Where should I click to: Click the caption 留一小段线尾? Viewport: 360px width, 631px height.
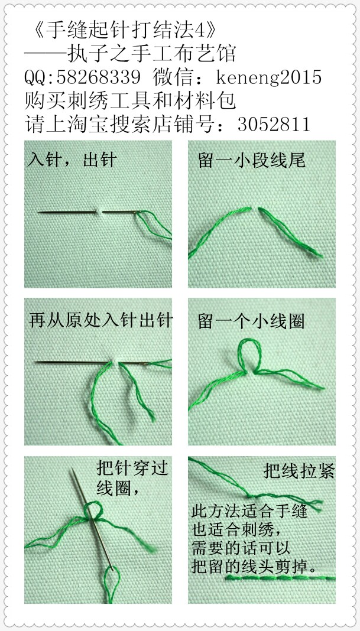252,160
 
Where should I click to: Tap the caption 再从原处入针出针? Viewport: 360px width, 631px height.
100,321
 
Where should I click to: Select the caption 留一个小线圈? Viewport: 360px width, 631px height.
252,321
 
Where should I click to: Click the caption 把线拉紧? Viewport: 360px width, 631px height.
299,471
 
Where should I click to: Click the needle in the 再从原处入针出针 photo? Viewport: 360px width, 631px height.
71,361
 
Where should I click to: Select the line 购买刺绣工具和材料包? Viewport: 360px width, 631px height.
130,101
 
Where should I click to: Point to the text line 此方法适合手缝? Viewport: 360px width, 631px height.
250,510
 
